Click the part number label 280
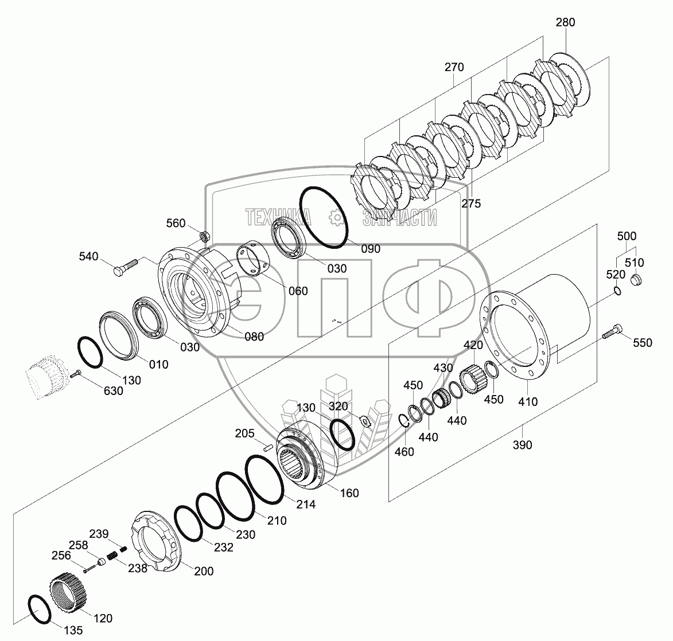pos(565,22)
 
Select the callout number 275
pos(471,204)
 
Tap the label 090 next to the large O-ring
pos(371,249)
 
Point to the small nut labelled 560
pos(205,236)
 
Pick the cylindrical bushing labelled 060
pos(254,260)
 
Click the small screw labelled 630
pos(75,374)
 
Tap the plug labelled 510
pos(636,280)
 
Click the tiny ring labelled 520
pos(617,291)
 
